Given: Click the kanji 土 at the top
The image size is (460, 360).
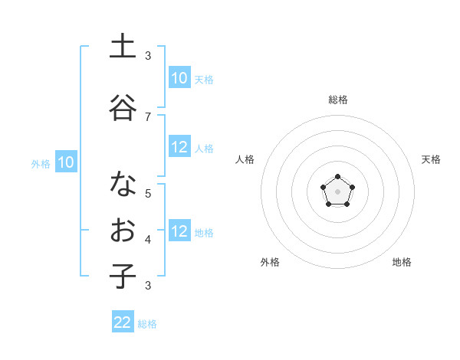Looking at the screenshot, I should coord(123,47).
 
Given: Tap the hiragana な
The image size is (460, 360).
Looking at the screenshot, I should coord(123,185).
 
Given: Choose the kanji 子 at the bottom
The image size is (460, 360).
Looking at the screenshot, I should coord(123,277).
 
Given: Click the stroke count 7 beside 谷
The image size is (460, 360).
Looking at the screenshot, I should coord(148,116).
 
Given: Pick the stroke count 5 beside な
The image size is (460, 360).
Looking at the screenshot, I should coord(148,193).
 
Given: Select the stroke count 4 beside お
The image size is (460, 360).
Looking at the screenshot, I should coord(148,240).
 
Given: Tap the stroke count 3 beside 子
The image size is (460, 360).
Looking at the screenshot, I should coord(148,286).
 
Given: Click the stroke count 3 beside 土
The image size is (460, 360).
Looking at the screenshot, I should coord(148,56).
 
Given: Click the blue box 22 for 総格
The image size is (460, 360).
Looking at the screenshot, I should coord(123,322).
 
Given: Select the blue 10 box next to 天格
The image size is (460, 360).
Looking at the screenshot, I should coord(179,78).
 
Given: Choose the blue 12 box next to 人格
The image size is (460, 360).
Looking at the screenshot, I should coord(179,148).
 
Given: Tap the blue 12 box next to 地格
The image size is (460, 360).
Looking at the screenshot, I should coord(179,232).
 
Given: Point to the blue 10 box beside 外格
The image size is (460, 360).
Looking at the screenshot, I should coord(66,162).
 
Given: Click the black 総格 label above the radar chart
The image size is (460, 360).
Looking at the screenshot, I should coord(337,100).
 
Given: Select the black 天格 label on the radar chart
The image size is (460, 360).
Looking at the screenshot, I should coord(431,159).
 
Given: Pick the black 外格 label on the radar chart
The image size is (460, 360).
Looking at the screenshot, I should coord(270,262).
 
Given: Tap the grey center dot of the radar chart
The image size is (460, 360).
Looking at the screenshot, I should coord(337,191).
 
